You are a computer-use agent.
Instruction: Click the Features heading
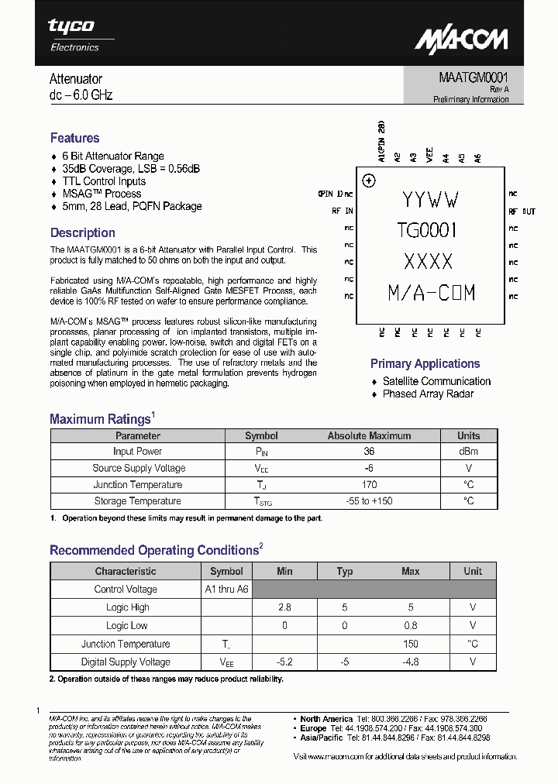[74, 138]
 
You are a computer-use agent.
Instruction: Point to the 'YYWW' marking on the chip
[430, 200]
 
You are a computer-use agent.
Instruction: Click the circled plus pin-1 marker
[369, 181]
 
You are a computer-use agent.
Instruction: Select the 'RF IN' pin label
[343, 211]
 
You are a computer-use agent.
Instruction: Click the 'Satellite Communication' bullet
[436, 381]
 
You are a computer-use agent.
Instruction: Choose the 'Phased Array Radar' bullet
[428, 394]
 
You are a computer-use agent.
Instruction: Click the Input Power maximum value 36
[369, 452]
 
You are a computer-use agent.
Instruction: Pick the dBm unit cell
[468, 452]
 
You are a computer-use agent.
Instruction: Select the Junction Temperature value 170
[369, 485]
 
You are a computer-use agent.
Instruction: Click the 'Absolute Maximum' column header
[369, 435]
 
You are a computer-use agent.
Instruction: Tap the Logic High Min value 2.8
[284, 607]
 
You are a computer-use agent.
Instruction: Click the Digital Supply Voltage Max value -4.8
[410, 662]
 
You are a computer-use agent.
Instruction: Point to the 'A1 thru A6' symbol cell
[226, 589]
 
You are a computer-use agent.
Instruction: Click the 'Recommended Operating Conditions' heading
[153, 550]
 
